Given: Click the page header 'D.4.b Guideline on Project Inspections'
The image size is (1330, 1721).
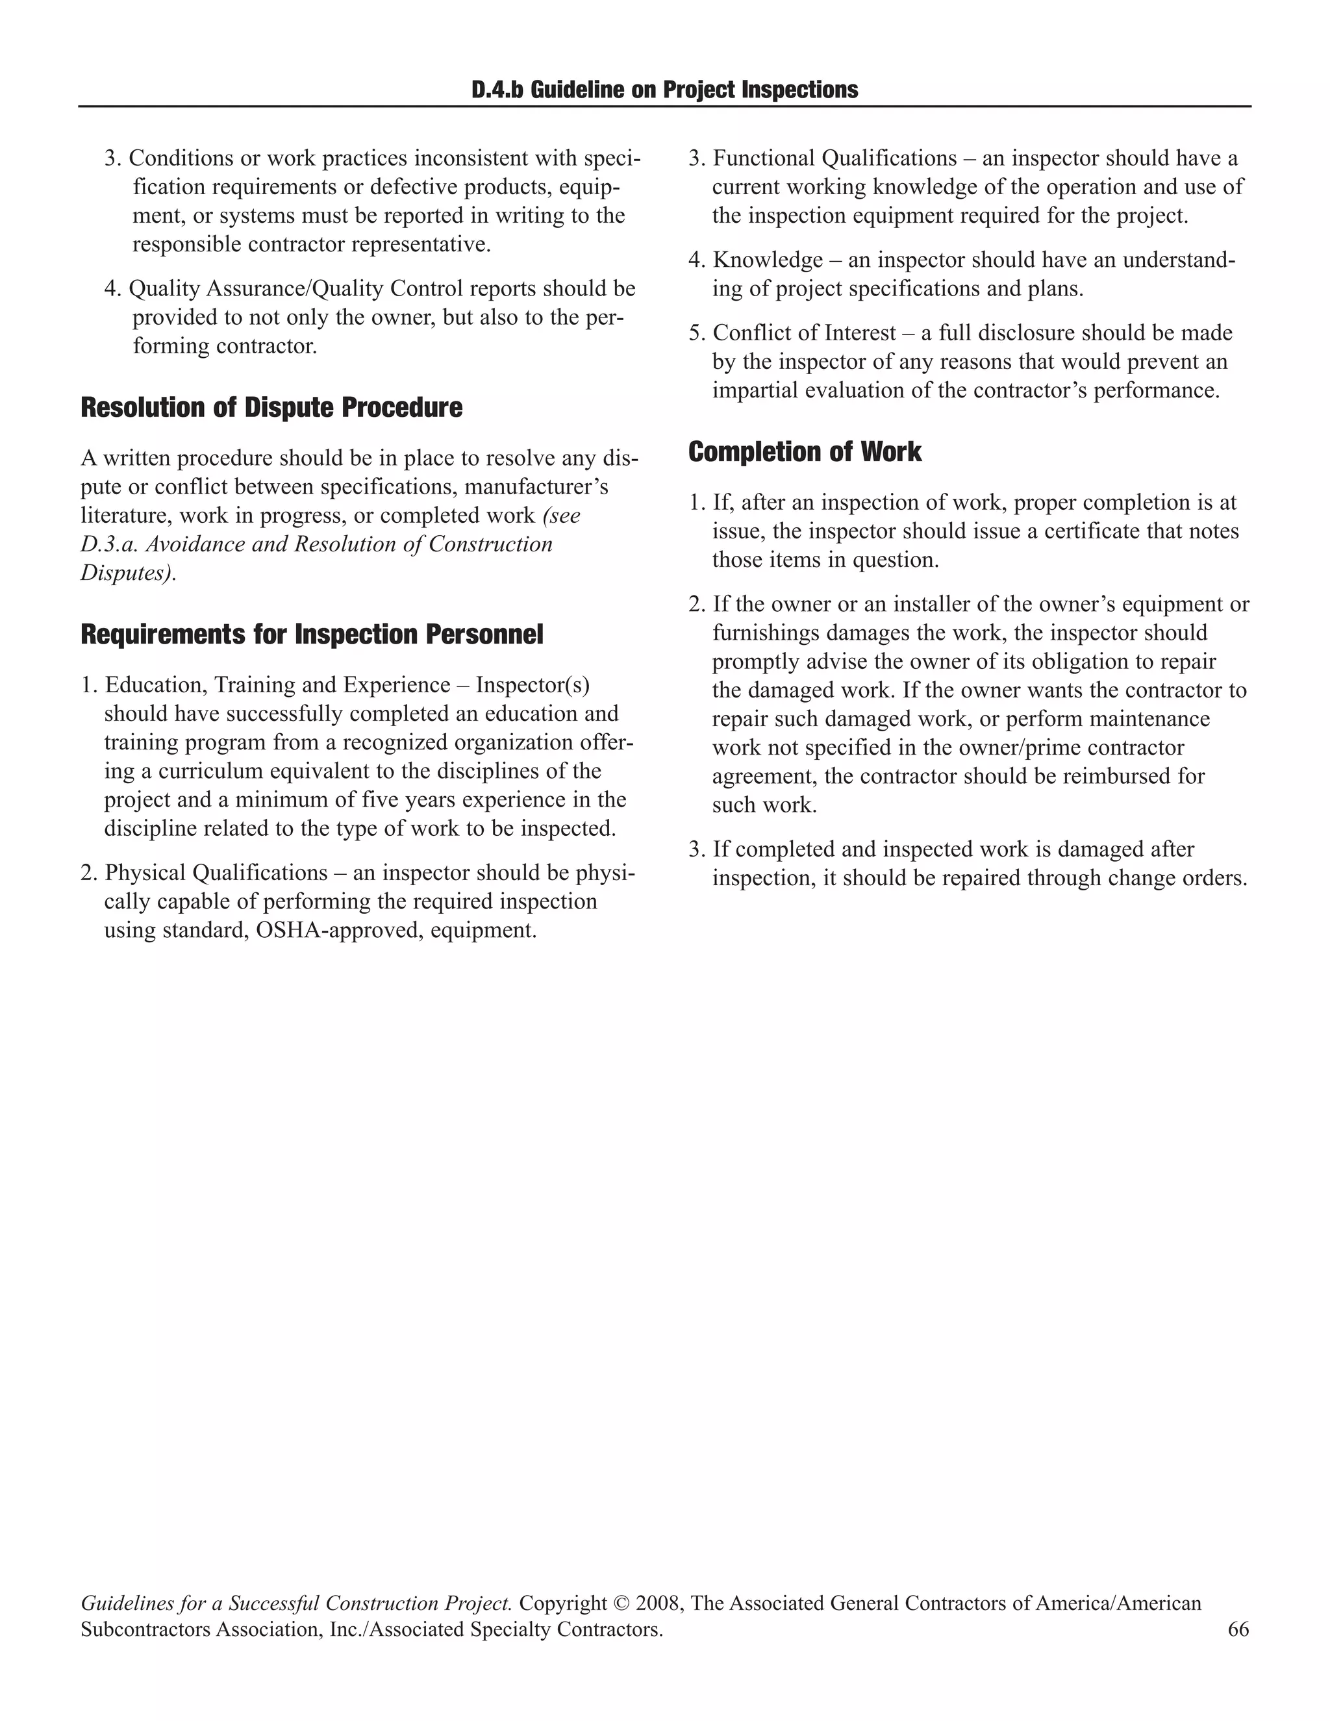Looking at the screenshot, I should tap(664, 90).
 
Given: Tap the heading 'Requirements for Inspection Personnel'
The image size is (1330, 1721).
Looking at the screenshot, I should tap(312, 634).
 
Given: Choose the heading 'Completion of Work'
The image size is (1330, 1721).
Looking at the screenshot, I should tap(805, 451).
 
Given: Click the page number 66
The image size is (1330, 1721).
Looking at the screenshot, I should tap(1238, 1629).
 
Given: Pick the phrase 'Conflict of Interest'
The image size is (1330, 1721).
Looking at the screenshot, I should tap(805, 333).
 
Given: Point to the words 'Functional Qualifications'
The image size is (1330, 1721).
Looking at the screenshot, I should tap(834, 158).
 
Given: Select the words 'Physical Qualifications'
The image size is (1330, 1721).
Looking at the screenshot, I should tap(216, 873).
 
